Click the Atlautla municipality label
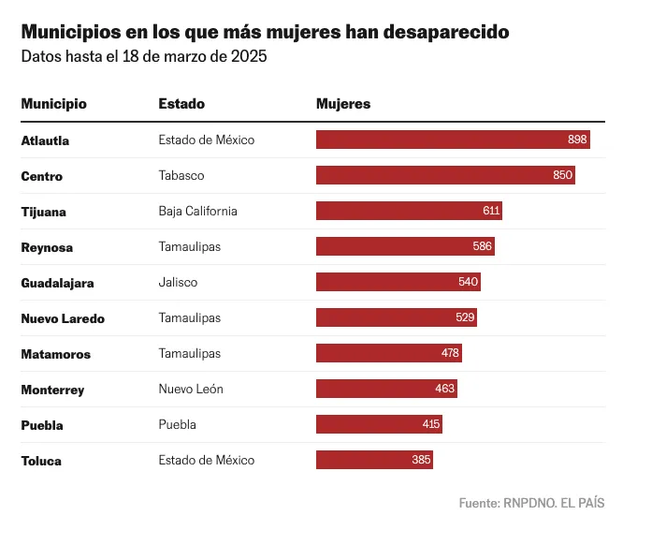[45, 140]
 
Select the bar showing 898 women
[453, 140]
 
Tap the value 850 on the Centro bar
[563, 176]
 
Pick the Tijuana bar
[409, 212]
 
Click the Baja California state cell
[197, 212]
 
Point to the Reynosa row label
[47, 247]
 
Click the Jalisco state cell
[178, 283]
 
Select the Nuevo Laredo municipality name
[63, 318]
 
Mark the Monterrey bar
[386, 390]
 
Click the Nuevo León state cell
[191, 390]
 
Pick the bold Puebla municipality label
[42, 425]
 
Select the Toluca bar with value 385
[374, 461]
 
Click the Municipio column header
[53, 104]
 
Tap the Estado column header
[181, 104]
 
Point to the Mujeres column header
[343, 104]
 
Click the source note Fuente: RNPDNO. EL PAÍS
[531, 503]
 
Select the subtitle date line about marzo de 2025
[144, 57]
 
